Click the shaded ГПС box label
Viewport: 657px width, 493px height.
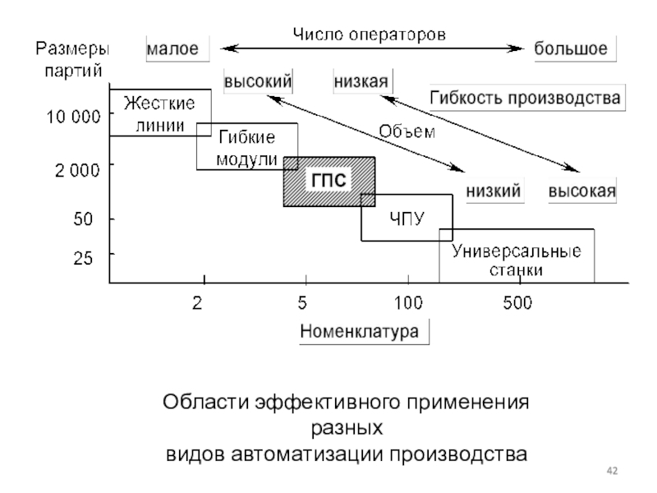pyautogui.click(x=329, y=180)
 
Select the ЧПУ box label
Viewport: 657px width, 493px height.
pyautogui.click(x=407, y=219)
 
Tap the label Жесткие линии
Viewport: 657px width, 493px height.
pyautogui.click(x=159, y=114)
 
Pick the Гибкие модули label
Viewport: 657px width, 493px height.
pyautogui.click(x=247, y=148)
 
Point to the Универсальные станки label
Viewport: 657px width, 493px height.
pyautogui.click(x=517, y=260)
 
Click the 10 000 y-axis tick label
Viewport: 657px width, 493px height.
pyautogui.click(x=73, y=116)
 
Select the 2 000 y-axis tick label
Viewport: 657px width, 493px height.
pyautogui.click(x=77, y=170)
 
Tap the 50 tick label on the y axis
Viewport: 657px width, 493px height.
pyautogui.click(x=83, y=219)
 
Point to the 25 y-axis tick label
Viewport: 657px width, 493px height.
pyautogui.click(x=83, y=258)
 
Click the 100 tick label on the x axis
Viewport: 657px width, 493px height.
pyautogui.click(x=408, y=302)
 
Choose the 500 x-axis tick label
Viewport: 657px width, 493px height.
pyautogui.click(x=517, y=302)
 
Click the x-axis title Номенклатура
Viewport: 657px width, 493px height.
pyautogui.click(x=360, y=331)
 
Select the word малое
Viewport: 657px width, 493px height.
pyautogui.click(x=172, y=49)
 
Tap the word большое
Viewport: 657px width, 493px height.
pyautogui.click(x=571, y=48)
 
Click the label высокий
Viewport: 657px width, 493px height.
pyautogui.click(x=258, y=81)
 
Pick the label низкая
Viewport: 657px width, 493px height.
pyautogui.click(x=361, y=81)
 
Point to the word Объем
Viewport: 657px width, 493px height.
pyautogui.click(x=407, y=131)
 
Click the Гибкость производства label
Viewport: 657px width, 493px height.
pyautogui.click(x=525, y=98)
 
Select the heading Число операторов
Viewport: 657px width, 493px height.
pyautogui.click(x=369, y=35)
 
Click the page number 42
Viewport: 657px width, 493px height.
pyautogui.click(x=612, y=471)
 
